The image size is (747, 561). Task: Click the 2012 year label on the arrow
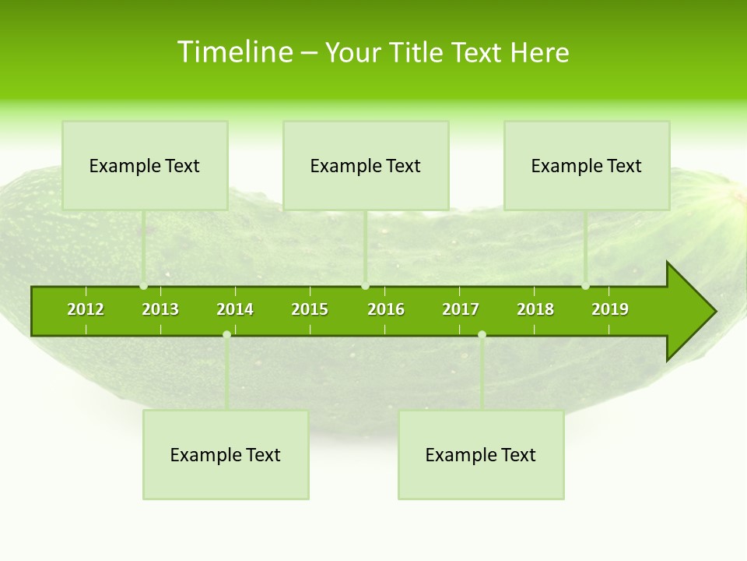86,309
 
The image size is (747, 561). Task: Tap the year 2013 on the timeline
160,309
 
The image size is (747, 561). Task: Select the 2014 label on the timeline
235,309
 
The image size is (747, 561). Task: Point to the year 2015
310,309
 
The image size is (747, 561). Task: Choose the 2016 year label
386,309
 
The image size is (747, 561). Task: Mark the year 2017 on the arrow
461,309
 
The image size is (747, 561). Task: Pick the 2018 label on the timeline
535,309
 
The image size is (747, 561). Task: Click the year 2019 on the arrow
610,309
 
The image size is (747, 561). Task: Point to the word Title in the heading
416,52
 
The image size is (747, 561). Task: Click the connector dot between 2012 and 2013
144,286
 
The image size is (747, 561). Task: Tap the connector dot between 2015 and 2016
366,286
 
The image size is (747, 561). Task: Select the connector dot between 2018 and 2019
586,286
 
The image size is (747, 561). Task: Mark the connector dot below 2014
226,335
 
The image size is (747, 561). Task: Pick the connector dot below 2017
482,335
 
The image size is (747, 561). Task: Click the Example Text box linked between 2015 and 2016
366,165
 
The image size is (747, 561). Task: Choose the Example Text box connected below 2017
481,455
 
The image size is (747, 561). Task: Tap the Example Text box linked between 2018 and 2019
587,165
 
